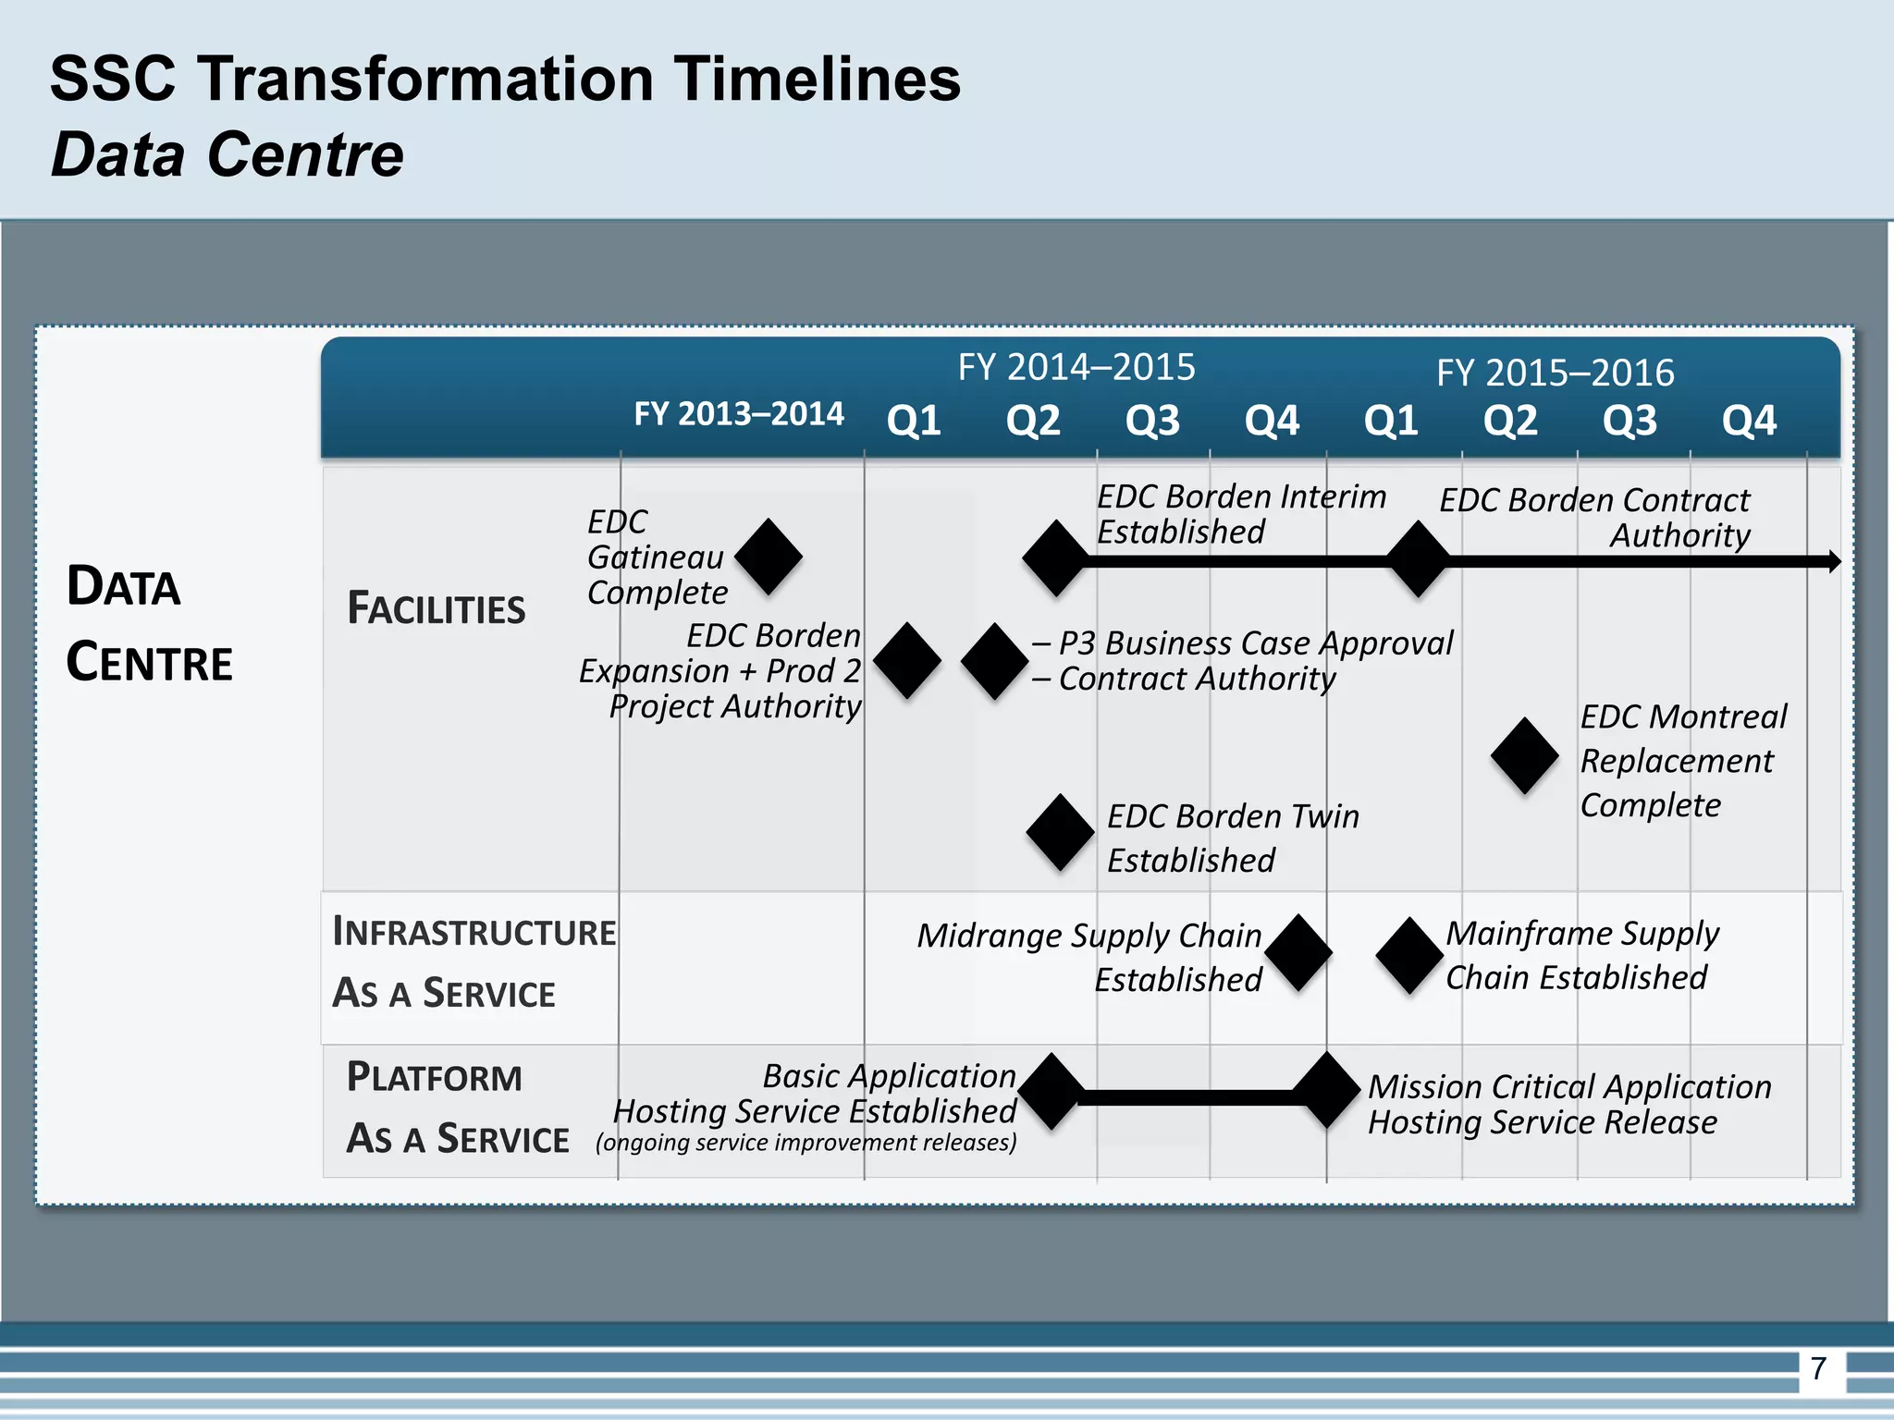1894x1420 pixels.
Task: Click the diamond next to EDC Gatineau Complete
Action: [x=769, y=557]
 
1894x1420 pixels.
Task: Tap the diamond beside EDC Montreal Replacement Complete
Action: [x=1525, y=755]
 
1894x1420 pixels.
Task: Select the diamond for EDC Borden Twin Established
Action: [x=1061, y=832]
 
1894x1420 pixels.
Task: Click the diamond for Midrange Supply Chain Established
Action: [x=1298, y=953]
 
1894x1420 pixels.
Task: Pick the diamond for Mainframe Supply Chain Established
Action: [x=1409, y=955]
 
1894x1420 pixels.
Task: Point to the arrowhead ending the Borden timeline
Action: [x=1834, y=561]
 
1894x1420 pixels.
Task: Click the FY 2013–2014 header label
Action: [x=738, y=413]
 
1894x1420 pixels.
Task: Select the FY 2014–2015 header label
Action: [x=1076, y=367]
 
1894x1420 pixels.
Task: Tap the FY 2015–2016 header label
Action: [x=1555, y=373]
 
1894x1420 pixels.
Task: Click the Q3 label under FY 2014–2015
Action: [x=1152, y=421]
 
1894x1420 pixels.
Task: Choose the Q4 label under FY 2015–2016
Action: [x=1748, y=421]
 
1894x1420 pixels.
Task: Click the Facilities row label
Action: [x=436, y=608]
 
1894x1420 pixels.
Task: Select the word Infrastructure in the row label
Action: [x=473, y=932]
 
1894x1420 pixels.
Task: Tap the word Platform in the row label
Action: [x=434, y=1077]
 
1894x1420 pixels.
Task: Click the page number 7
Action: [x=1818, y=1368]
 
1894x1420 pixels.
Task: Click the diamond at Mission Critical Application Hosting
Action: [x=1327, y=1090]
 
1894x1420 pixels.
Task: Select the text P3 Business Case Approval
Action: [x=1255, y=643]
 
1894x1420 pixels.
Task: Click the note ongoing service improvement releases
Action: [x=806, y=1143]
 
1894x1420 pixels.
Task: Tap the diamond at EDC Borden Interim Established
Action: [x=1056, y=557]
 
